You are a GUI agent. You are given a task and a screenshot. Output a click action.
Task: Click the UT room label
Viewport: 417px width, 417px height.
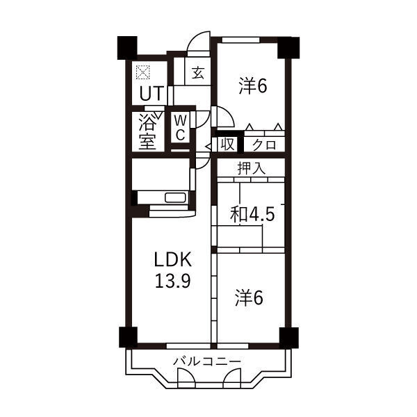151,93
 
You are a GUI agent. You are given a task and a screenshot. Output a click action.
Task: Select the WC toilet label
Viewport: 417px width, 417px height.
180,129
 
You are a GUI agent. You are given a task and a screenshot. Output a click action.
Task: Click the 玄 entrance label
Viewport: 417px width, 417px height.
198,72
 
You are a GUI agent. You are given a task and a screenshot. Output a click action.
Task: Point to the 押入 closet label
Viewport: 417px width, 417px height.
251,168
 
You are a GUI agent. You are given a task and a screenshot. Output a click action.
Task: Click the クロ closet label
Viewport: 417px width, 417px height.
264,145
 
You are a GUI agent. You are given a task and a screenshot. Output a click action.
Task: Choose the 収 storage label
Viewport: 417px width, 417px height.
227,145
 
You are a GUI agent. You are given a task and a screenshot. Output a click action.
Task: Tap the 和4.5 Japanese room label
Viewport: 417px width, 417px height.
252,214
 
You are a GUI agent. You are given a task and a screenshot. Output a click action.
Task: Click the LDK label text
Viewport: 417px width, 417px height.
173,259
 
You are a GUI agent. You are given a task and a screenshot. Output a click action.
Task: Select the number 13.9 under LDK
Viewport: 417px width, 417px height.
173,281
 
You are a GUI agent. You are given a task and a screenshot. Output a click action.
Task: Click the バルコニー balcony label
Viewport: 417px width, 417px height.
207,361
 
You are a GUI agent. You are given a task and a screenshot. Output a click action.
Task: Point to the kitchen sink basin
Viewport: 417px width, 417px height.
175,198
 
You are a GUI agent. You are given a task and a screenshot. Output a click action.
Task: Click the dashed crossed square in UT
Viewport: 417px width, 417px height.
142,72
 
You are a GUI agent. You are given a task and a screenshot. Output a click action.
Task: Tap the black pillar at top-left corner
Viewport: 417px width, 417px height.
127,48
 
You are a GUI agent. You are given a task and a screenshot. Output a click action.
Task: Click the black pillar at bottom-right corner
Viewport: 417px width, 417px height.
289,337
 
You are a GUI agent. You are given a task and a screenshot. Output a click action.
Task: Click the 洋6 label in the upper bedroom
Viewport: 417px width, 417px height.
253,85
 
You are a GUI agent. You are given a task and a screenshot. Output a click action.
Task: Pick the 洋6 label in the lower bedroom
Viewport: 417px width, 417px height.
250,298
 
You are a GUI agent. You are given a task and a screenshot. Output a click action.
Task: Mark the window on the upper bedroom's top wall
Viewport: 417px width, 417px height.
241,40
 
